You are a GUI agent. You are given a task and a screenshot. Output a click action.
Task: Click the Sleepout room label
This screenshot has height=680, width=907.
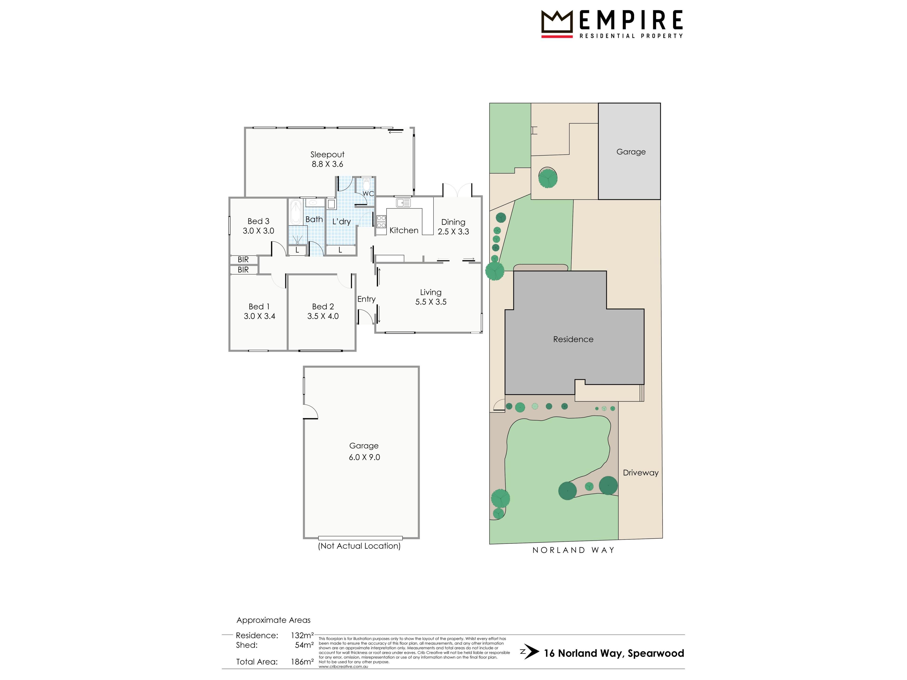327,154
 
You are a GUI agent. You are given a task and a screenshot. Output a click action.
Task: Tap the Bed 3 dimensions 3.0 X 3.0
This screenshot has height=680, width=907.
258,231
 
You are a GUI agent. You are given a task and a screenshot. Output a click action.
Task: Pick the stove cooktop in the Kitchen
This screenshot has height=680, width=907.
381,221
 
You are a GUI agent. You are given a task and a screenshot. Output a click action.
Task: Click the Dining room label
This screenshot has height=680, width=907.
453,222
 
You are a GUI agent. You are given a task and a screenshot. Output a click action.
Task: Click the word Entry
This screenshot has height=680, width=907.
366,299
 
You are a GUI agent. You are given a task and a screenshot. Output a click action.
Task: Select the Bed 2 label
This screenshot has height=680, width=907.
323,307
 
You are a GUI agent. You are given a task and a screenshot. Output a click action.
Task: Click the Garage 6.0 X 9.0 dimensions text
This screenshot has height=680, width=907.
364,457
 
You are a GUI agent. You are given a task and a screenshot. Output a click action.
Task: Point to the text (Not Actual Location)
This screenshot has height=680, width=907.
359,546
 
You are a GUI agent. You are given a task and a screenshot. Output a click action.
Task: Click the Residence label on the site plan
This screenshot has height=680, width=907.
573,339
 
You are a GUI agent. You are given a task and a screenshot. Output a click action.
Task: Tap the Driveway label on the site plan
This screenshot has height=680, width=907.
641,473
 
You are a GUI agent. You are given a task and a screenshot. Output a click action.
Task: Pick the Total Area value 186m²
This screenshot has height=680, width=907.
302,662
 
